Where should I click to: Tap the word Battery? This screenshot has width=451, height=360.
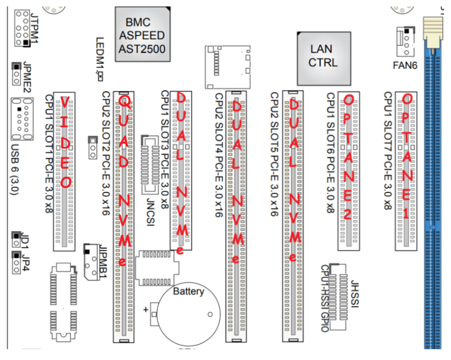click(x=188, y=292)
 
